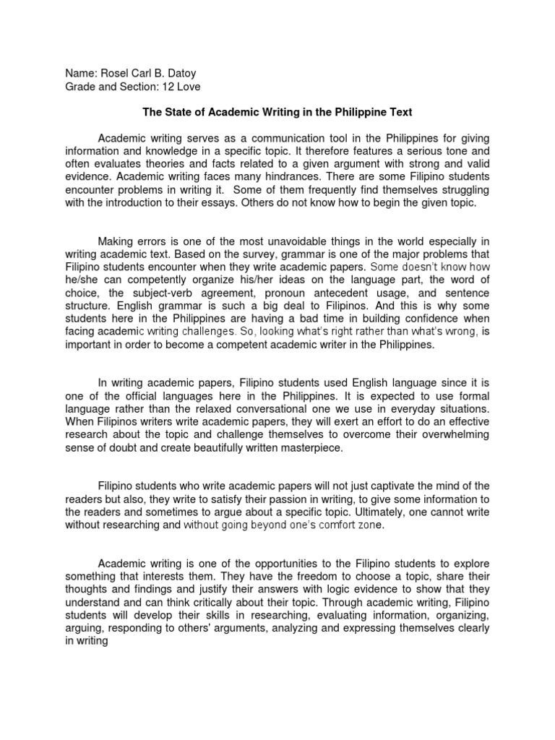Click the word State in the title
[177, 113]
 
